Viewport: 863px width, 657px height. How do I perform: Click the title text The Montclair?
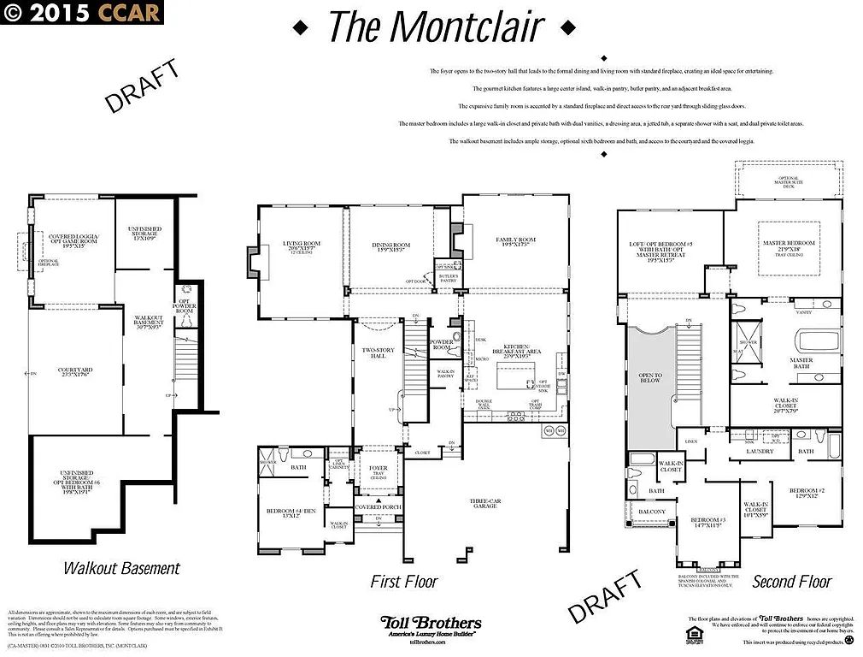[x=435, y=27]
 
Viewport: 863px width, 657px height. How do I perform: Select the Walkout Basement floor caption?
[x=121, y=567]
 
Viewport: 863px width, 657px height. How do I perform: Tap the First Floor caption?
[x=403, y=582]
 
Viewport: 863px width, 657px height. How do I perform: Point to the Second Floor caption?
[x=791, y=582]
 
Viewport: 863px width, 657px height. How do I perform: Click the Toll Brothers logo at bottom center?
[x=431, y=626]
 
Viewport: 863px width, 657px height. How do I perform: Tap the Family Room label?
[x=515, y=242]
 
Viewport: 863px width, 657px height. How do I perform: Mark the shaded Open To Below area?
[x=651, y=385]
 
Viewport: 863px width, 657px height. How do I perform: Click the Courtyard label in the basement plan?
[x=75, y=372]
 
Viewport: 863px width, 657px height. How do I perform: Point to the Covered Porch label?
[x=379, y=507]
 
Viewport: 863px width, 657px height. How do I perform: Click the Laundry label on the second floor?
[x=760, y=451]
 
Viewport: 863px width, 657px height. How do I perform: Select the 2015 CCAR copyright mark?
[x=81, y=12]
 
